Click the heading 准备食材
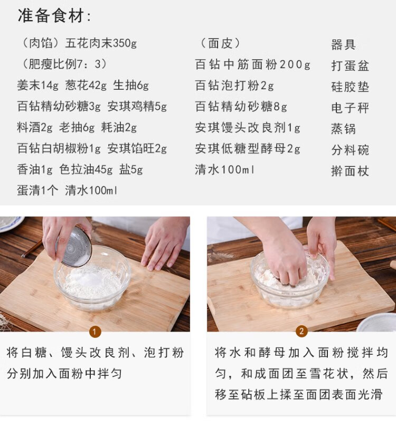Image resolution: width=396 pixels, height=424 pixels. pyautogui.click(x=51, y=15)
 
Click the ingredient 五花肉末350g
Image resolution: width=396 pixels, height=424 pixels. pyautogui.click(x=101, y=43)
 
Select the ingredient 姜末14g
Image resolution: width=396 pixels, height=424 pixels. pyautogui.click(x=37, y=85)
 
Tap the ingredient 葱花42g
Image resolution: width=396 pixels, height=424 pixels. pyautogui.click(x=86, y=85)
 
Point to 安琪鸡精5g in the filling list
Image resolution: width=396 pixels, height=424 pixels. pyautogui.click(x=137, y=106)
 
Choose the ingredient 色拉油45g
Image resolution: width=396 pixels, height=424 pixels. pyautogui.click(x=86, y=169)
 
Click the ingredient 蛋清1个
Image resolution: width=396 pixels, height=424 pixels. pyautogui.click(x=37, y=191)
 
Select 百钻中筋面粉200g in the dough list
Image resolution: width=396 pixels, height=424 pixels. pyautogui.click(x=252, y=64)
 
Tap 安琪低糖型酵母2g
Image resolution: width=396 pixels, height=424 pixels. pyautogui.click(x=248, y=149)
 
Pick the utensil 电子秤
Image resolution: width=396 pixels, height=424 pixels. pyautogui.click(x=350, y=108)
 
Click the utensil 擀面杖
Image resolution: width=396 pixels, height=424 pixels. pyautogui.click(x=350, y=171)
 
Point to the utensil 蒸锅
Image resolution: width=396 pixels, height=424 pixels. pyautogui.click(x=343, y=129)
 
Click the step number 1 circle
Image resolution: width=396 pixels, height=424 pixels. pyautogui.click(x=95, y=332)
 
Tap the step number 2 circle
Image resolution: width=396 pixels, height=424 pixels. pyautogui.click(x=301, y=331)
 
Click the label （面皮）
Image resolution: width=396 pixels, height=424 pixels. pyautogui.click(x=220, y=43)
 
